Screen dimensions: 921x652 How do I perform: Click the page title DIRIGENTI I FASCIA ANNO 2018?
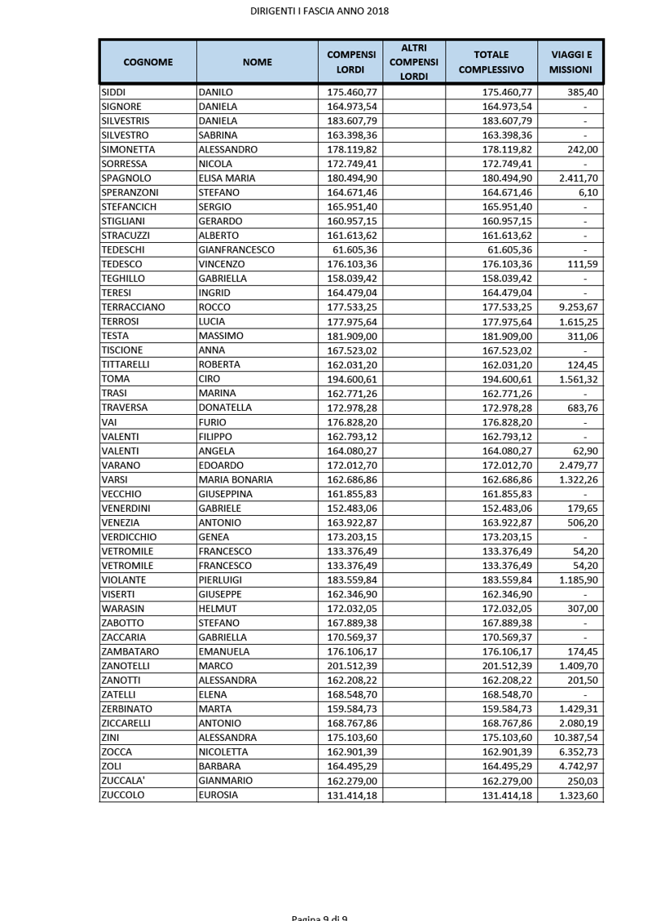(319, 11)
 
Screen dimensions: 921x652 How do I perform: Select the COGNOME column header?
(148, 62)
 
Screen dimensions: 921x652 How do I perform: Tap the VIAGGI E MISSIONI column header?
(570, 62)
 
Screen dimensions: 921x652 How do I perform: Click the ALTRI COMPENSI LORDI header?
(414, 62)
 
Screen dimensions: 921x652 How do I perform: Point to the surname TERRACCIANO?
(133, 307)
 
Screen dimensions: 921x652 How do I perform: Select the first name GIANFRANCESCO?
(236, 250)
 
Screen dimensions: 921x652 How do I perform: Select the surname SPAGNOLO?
(126, 178)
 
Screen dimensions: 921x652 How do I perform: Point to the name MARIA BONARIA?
(236, 479)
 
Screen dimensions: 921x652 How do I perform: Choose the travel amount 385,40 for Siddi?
(583, 92)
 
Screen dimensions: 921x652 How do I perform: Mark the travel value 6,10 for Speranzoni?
(587, 192)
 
